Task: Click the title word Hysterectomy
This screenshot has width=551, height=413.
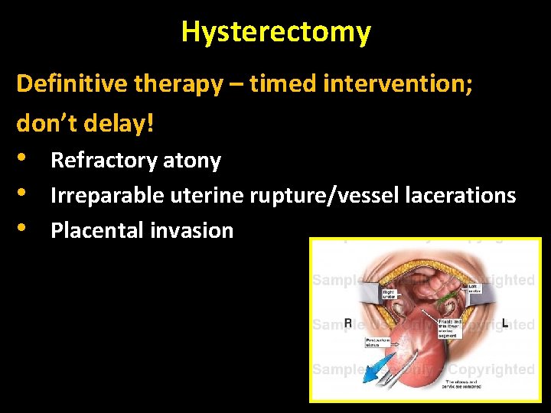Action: (275, 32)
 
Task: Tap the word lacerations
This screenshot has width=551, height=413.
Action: (458, 196)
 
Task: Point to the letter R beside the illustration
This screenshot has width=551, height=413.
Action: (348, 324)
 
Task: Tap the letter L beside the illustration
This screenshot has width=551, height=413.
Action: (505, 324)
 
